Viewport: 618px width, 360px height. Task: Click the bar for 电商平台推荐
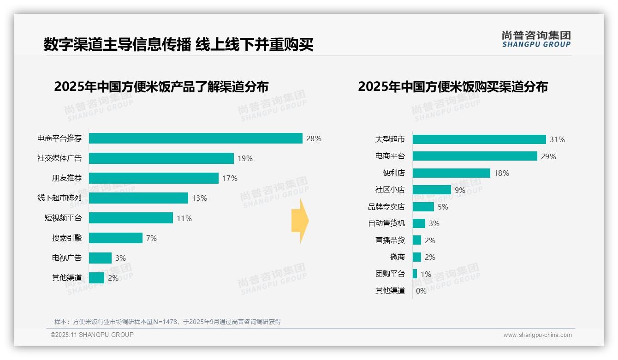[x=196, y=138]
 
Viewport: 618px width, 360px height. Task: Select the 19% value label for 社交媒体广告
[x=245, y=158]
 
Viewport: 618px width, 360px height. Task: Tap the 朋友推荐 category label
[x=66, y=178]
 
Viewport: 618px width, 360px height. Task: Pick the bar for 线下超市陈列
[x=138, y=198]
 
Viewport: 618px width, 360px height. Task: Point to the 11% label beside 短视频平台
[x=184, y=218]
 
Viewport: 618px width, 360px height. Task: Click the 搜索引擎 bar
[x=115, y=238]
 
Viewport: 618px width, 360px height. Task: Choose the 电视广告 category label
[x=66, y=258]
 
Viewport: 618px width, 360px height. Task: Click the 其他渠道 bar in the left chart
[x=96, y=278]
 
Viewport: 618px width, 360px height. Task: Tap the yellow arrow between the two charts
[x=300, y=221]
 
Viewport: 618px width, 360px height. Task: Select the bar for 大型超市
[x=479, y=139]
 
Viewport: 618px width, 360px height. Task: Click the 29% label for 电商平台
[x=549, y=156]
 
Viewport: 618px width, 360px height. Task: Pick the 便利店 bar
[x=451, y=173]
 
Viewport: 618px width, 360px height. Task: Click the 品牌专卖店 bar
[x=423, y=207]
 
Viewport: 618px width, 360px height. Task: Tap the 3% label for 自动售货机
[x=434, y=223]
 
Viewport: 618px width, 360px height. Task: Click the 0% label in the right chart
[x=421, y=291]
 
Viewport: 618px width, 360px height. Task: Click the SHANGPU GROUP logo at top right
[x=536, y=39]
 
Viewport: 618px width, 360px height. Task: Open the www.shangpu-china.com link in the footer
[x=537, y=335]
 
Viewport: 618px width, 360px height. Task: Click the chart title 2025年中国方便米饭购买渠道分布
[x=452, y=87]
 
